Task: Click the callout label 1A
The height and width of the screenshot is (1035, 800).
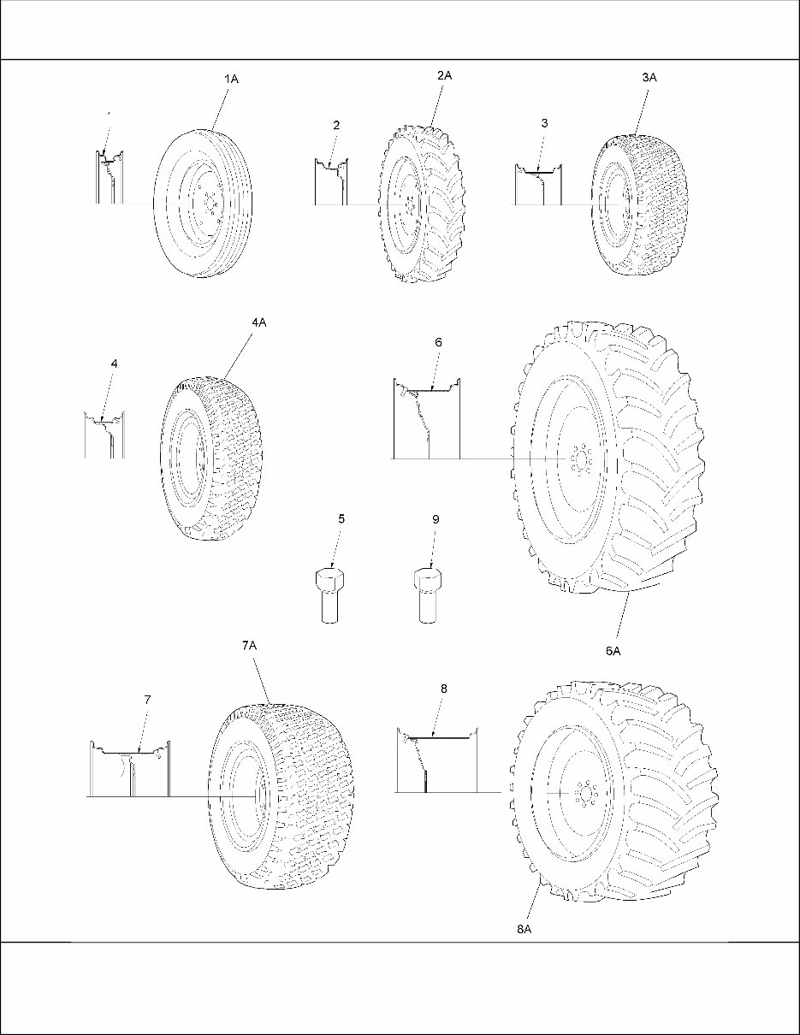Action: pos(231,79)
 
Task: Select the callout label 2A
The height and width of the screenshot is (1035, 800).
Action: pos(444,76)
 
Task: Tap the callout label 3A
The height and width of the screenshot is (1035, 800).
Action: pos(649,78)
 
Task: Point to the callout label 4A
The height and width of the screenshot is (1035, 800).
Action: pos(259,322)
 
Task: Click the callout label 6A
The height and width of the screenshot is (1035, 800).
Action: pos(613,650)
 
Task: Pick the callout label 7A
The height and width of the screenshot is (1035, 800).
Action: pos(249,648)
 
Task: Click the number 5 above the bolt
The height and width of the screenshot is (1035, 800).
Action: pos(341,518)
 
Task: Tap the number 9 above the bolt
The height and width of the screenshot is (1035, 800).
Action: pos(436,518)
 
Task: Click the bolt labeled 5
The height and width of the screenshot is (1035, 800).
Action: pos(329,595)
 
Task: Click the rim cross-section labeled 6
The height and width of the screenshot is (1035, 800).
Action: pos(426,419)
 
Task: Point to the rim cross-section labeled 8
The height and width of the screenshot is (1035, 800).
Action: pos(436,761)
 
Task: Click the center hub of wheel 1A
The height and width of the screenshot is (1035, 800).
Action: pos(208,204)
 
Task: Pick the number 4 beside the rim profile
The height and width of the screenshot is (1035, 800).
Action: pos(115,364)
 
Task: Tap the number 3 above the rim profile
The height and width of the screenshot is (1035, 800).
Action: pos(544,123)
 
